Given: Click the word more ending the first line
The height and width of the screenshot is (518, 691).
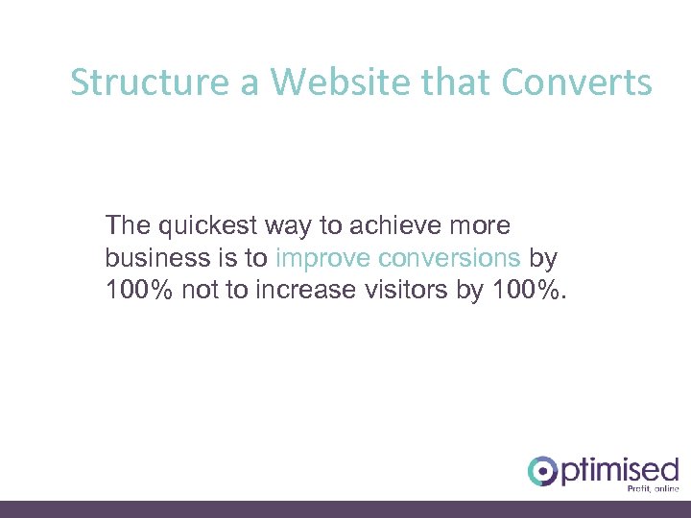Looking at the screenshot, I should click(x=479, y=226).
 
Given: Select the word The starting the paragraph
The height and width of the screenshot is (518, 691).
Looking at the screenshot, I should click(x=128, y=226).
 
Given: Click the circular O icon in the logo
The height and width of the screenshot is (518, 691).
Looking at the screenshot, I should click(x=542, y=470).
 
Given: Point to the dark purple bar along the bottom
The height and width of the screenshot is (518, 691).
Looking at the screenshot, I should click(x=345, y=509).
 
